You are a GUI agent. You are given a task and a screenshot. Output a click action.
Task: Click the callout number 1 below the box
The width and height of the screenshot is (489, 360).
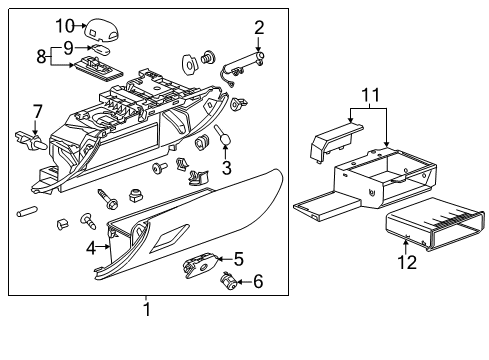(147, 310)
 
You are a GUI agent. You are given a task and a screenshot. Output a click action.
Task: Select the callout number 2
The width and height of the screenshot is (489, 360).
(259, 27)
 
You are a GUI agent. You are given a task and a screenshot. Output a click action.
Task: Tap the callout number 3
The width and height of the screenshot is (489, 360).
(227, 166)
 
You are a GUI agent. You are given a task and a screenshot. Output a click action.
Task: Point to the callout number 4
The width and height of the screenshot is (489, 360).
(91, 246)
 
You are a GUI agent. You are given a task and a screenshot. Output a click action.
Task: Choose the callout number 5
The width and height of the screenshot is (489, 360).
(239, 258)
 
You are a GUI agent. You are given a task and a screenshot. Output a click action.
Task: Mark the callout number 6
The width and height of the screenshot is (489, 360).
(258, 283)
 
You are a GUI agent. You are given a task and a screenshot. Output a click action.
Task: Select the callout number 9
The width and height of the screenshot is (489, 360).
(69, 46)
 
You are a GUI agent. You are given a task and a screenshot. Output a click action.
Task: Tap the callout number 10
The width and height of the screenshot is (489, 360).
(64, 25)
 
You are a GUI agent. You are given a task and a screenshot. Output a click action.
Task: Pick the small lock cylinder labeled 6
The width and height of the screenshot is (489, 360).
(230, 283)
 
